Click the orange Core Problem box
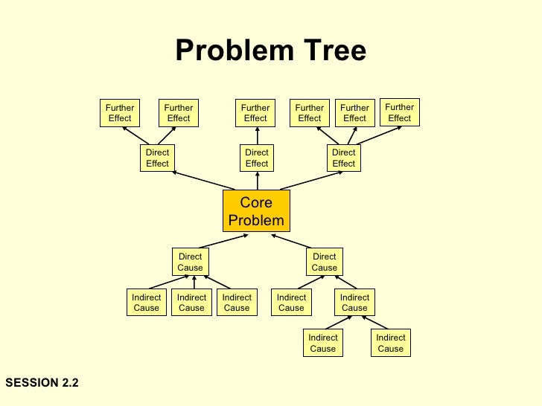(256, 211)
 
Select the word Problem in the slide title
(232, 51)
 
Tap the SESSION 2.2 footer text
(42, 383)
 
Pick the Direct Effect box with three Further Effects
(343, 158)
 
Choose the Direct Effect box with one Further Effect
(257, 158)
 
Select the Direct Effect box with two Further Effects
(157, 158)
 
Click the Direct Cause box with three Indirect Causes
(191, 262)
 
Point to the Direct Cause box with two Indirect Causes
(325, 262)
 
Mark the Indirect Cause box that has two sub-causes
(354, 303)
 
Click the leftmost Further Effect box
(120, 112)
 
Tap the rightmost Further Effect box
(399, 112)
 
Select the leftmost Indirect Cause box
(147, 303)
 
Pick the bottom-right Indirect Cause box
(390, 343)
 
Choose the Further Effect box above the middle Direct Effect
(255, 112)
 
